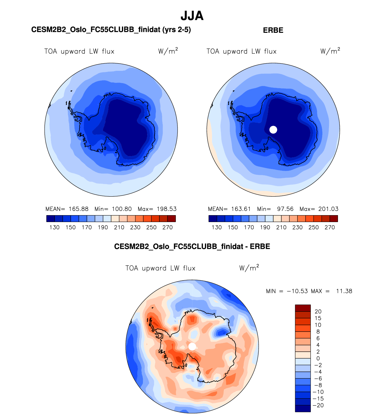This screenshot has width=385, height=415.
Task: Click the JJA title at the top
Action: (x=192, y=16)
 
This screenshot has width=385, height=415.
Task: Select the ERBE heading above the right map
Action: (x=273, y=30)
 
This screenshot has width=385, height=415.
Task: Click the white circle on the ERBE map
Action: (x=273, y=130)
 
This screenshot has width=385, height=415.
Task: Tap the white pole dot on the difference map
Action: (x=192, y=347)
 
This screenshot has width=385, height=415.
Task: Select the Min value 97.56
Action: (x=285, y=209)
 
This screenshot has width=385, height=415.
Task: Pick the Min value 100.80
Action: (x=122, y=209)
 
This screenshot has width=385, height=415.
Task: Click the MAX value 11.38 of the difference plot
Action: (x=344, y=291)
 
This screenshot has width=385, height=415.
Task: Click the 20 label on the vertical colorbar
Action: (x=318, y=311)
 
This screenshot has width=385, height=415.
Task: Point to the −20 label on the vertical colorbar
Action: (x=318, y=405)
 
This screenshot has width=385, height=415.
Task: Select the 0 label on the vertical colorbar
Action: (x=318, y=358)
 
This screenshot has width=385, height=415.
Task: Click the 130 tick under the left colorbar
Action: (x=55, y=227)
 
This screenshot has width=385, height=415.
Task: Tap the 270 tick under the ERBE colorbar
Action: (x=330, y=227)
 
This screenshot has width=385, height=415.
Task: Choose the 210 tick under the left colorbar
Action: (x=119, y=227)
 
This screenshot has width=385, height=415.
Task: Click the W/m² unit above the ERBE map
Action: (x=330, y=51)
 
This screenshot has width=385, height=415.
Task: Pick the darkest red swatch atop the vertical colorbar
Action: (x=303, y=308)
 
